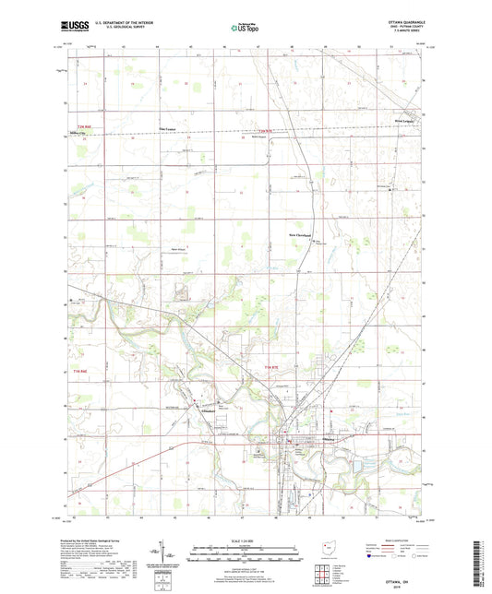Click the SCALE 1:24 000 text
245,541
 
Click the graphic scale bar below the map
245,552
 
